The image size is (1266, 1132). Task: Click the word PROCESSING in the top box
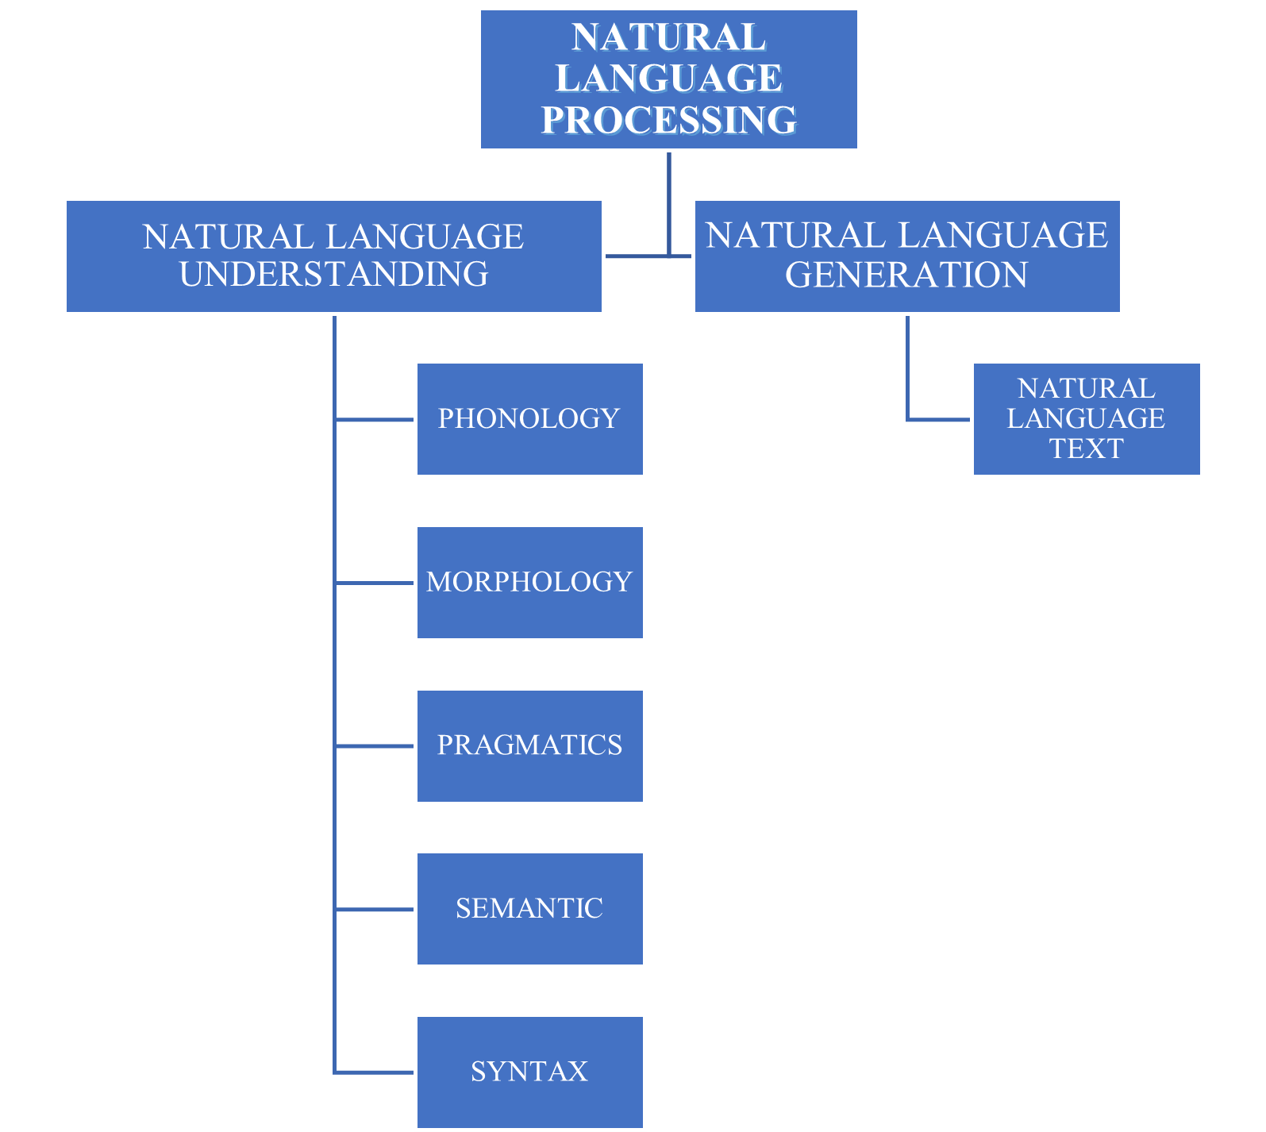tap(668, 121)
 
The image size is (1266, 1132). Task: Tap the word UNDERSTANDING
tap(333, 275)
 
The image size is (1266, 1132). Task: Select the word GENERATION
tap(906, 275)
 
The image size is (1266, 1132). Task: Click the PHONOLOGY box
tap(529, 419)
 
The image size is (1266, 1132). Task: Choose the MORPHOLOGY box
tap(529, 583)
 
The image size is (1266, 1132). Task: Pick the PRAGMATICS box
tap(529, 746)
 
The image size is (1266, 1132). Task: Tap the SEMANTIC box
tap(529, 909)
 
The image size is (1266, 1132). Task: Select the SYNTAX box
tap(529, 1072)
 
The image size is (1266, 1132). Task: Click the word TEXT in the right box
tap(1086, 449)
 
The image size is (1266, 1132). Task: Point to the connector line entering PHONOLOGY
tap(375, 419)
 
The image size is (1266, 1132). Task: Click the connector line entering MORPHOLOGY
tap(375, 583)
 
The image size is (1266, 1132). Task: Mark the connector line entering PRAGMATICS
tap(375, 746)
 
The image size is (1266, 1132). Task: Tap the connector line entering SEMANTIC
tap(375, 909)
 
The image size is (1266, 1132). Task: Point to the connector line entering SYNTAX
tap(375, 1072)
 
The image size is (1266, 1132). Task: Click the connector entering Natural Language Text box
tap(939, 419)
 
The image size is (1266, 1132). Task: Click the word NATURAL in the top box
tap(668, 37)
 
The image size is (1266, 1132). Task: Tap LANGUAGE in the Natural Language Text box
tap(1086, 418)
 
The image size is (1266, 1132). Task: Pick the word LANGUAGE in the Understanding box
tap(425, 237)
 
